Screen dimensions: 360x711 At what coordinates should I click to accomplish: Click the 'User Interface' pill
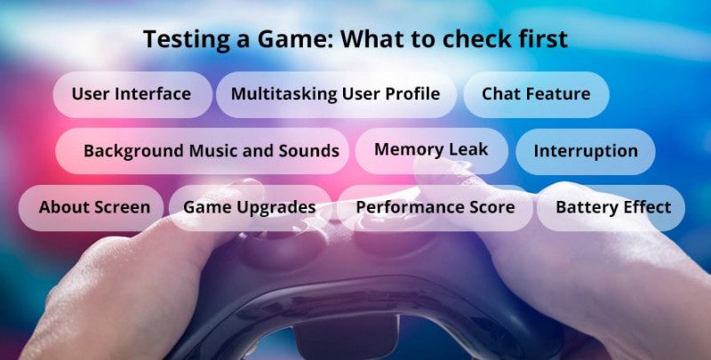(132, 94)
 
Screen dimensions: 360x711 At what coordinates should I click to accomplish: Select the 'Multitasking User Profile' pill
(335, 94)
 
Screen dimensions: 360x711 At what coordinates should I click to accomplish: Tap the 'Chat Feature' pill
(536, 94)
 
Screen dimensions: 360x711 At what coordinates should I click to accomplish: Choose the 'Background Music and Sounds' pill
(211, 151)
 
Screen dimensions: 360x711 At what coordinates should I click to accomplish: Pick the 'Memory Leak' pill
(431, 149)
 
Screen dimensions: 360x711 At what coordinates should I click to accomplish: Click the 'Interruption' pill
(586, 151)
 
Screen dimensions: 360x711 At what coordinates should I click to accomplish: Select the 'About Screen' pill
(94, 208)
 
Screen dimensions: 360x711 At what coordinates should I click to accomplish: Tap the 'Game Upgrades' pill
(249, 208)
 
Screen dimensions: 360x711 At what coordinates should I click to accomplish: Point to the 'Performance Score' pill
(435, 208)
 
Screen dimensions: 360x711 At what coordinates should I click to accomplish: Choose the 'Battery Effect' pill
(612, 208)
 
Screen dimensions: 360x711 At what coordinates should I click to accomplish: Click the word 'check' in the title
(478, 40)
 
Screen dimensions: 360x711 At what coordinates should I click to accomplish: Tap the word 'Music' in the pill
(214, 151)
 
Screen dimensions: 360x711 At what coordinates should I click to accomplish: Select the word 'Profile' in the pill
(410, 94)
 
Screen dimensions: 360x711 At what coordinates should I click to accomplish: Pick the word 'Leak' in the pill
(467, 149)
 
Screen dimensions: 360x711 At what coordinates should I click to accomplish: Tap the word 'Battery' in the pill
(584, 208)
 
